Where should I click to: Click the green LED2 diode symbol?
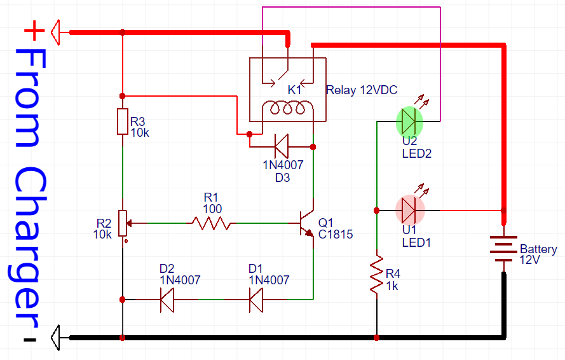tap(410, 121)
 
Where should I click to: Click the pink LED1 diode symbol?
tap(410, 209)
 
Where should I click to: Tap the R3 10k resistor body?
tap(122, 121)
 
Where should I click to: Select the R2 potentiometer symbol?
tap(122, 224)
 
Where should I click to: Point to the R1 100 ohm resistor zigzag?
tap(211, 223)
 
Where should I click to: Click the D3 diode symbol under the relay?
tap(281, 146)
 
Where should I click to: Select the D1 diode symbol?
tap(257, 299)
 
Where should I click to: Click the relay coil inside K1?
tap(288, 109)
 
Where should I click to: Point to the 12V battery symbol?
tap(503, 249)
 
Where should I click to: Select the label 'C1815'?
tap(336, 234)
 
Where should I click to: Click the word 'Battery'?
tap(538, 249)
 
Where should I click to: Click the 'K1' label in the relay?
tap(294, 90)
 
